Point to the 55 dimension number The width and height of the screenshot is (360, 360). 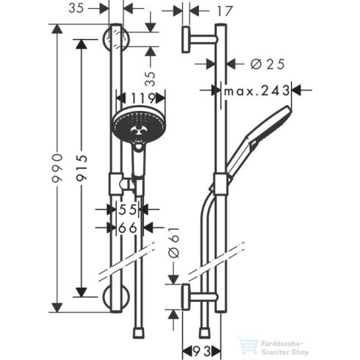[127, 209]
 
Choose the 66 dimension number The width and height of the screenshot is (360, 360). [127, 228]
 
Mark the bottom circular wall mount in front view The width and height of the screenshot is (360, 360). [114, 300]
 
